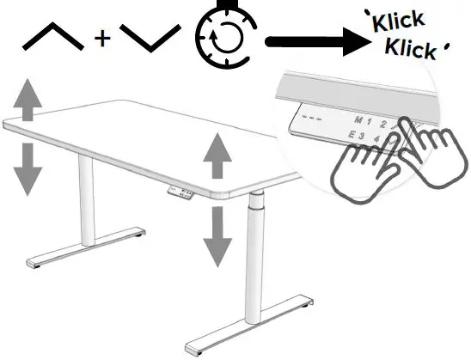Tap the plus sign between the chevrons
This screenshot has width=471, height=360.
coord(102,39)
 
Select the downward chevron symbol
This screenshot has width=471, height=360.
coord(150,39)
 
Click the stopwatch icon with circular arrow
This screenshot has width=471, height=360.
coord(223,39)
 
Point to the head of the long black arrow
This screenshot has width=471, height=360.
coord(352,40)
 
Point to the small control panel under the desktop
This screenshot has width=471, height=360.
coord(181,193)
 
